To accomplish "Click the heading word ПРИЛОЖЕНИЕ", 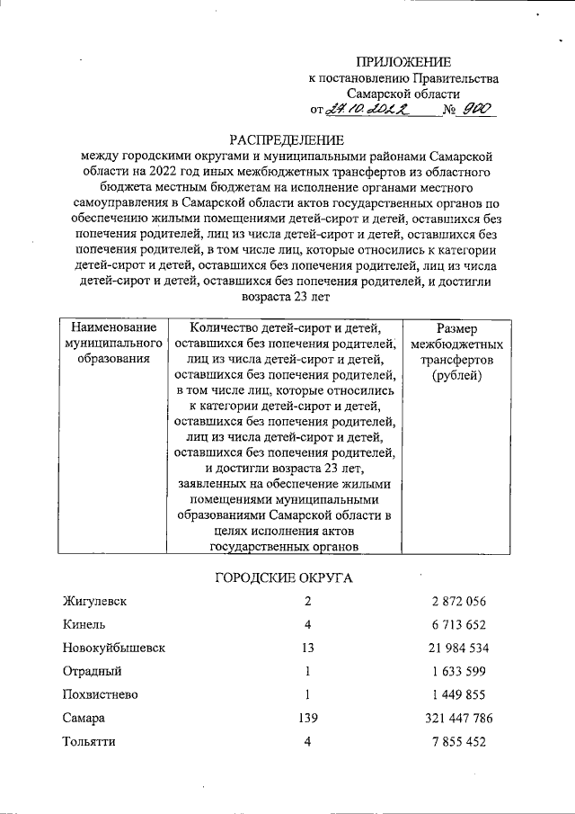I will (402, 62).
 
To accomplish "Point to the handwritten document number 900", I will (475, 109).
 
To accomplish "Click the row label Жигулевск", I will (94, 601).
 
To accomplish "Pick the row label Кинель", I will (84, 624).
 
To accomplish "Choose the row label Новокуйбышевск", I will (113, 648).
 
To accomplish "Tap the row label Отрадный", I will (92, 671).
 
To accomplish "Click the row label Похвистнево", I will (98, 694).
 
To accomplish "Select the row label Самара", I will (84, 719).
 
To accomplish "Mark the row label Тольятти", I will (89, 742).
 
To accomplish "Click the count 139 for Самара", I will (307, 719).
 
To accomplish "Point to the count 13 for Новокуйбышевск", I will (307, 648).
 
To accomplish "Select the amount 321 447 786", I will (458, 719).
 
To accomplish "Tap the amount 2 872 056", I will (458, 601).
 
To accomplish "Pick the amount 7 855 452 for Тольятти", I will (458, 742).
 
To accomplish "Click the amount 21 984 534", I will (458, 648).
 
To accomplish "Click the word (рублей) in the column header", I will (457, 375).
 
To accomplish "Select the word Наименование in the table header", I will (113, 327).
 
